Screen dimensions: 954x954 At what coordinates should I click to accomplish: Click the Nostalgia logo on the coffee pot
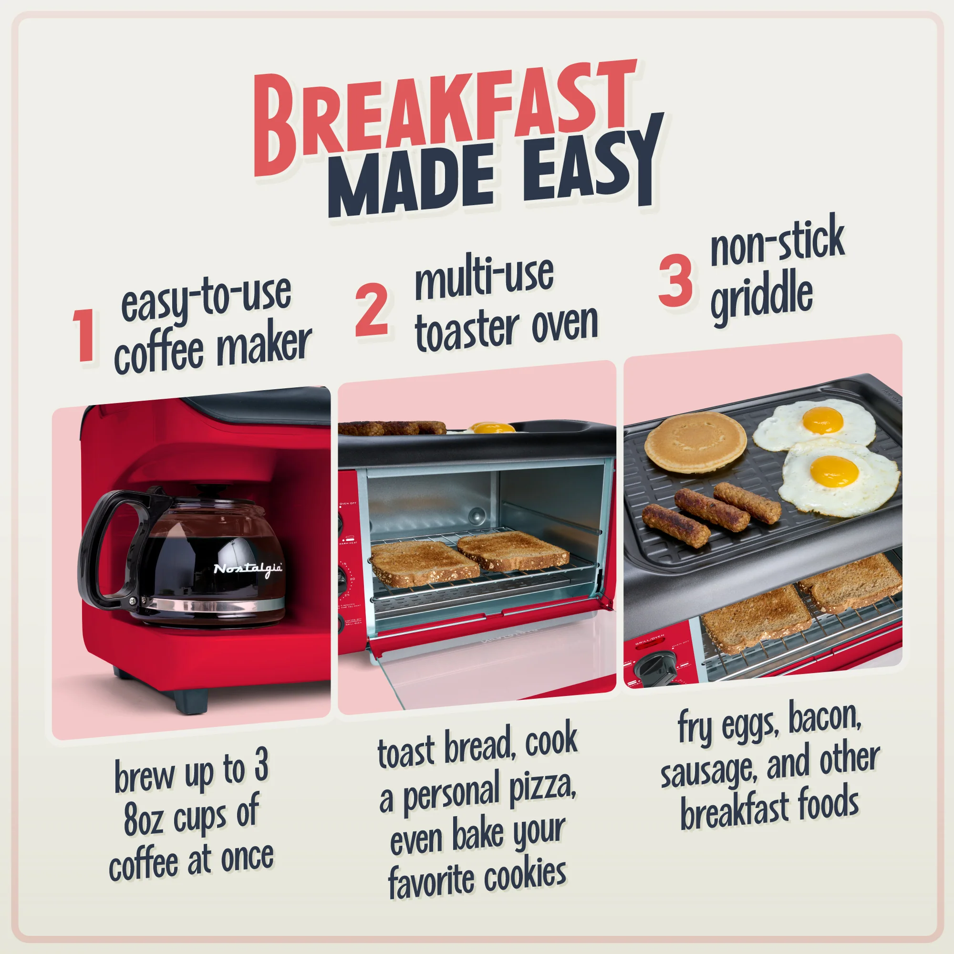click(x=248, y=569)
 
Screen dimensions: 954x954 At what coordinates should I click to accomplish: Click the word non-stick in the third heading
click(x=777, y=242)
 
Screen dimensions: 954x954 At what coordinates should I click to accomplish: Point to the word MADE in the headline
click(x=415, y=183)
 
